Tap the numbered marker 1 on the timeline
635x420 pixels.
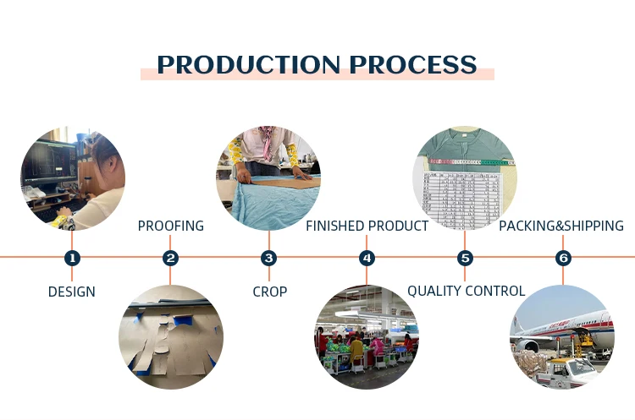[x=72, y=258]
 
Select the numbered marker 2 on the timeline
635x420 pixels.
[x=171, y=258]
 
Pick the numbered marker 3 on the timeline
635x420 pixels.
[x=269, y=258]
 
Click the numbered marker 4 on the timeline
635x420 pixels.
[x=367, y=258]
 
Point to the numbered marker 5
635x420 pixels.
[x=465, y=258]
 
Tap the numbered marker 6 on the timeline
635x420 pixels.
[x=563, y=258]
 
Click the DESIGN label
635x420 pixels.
[x=72, y=292]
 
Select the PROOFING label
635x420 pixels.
[x=171, y=226]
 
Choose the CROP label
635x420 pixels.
[x=269, y=292]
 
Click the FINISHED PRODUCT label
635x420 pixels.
[x=367, y=226]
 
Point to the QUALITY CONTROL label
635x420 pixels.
[x=466, y=292]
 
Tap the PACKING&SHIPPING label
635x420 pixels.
[x=561, y=226]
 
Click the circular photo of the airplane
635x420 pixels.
[x=562, y=336]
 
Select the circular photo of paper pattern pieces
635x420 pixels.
[x=171, y=336]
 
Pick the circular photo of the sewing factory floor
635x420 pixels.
[x=367, y=336]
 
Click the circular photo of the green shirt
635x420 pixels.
[x=465, y=177]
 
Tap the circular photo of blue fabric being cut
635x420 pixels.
[x=269, y=177]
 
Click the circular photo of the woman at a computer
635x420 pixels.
[x=73, y=177]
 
